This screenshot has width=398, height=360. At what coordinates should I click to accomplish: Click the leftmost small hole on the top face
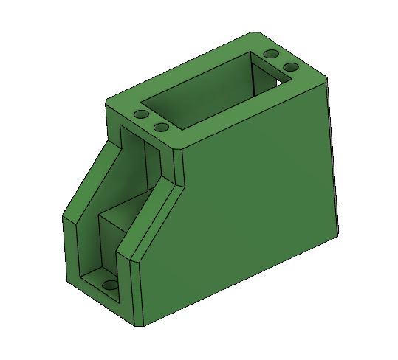[x=140, y=116]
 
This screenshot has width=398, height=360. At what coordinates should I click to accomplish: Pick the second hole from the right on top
[x=271, y=55]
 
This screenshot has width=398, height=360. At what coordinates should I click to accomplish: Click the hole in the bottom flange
[x=110, y=285]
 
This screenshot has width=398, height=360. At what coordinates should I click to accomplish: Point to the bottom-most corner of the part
[x=139, y=325]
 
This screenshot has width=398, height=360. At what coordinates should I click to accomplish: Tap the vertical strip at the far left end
[x=67, y=251]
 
